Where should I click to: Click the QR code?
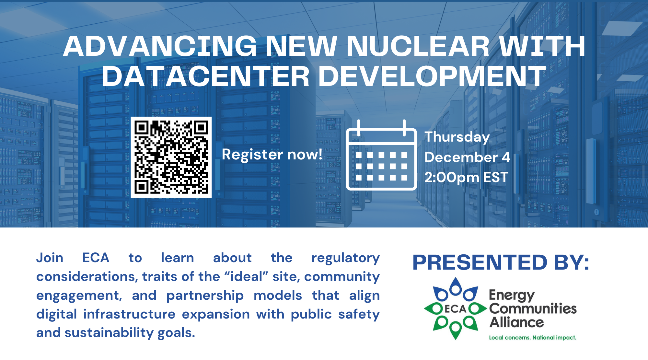(x=171, y=157)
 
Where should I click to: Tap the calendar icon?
(x=381, y=155)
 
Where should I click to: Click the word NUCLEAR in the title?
(x=418, y=46)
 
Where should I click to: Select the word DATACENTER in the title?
(x=206, y=76)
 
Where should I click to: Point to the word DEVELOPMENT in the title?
(x=432, y=76)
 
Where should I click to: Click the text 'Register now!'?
(x=272, y=155)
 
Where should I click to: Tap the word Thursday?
(x=457, y=137)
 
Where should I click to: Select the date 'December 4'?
(x=467, y=157)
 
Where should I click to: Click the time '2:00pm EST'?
(x=466, y=178)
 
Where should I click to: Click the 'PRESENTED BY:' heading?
(x=501, y=262)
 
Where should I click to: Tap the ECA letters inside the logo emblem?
(x=455, y=309)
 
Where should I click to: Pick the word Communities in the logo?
(x=533, y=308)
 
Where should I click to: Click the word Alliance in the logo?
(x=517, y=322)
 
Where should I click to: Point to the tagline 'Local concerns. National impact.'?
(x=533, y=338)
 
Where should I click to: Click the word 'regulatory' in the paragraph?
(x=345, y=258)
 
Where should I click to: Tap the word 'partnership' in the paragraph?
(x=205, y=296)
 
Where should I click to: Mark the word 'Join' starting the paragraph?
(x=50, y=258)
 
